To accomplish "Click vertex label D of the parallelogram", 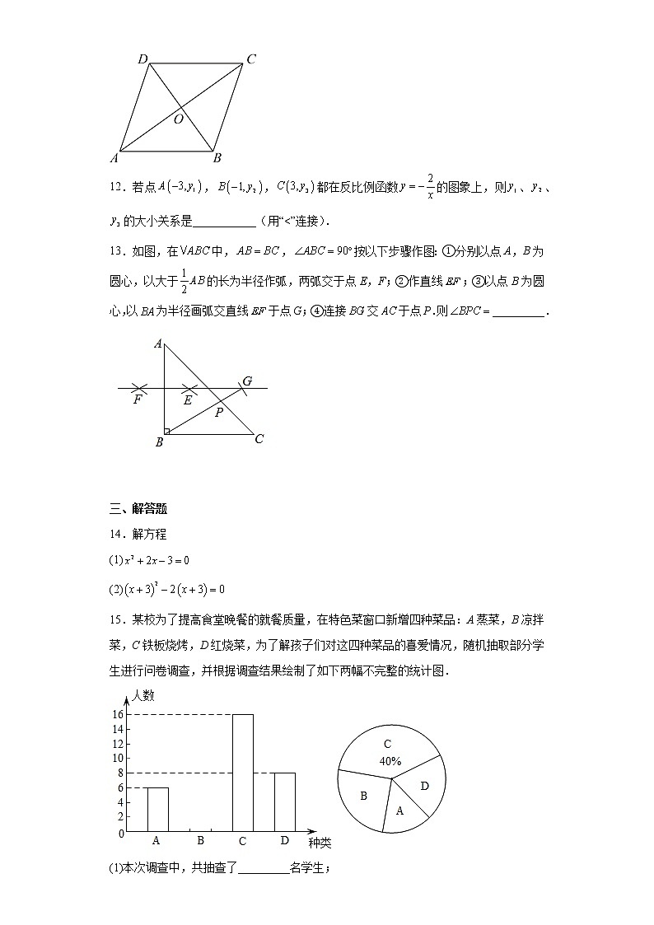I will click(143, 58).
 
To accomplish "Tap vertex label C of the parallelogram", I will click(250, 58).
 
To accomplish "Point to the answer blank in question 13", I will click(517, 311).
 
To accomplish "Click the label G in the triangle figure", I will click(246, 381).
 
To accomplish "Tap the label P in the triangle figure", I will click(218, 413).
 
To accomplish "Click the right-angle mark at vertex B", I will click(166, 430).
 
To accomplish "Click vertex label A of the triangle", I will click(157, 343).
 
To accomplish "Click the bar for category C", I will click(242, 773).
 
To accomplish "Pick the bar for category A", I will click(157, 809).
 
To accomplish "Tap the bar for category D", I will click(284, 801).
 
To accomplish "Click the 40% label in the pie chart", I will click(390, 761).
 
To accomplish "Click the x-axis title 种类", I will click(320, 843).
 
